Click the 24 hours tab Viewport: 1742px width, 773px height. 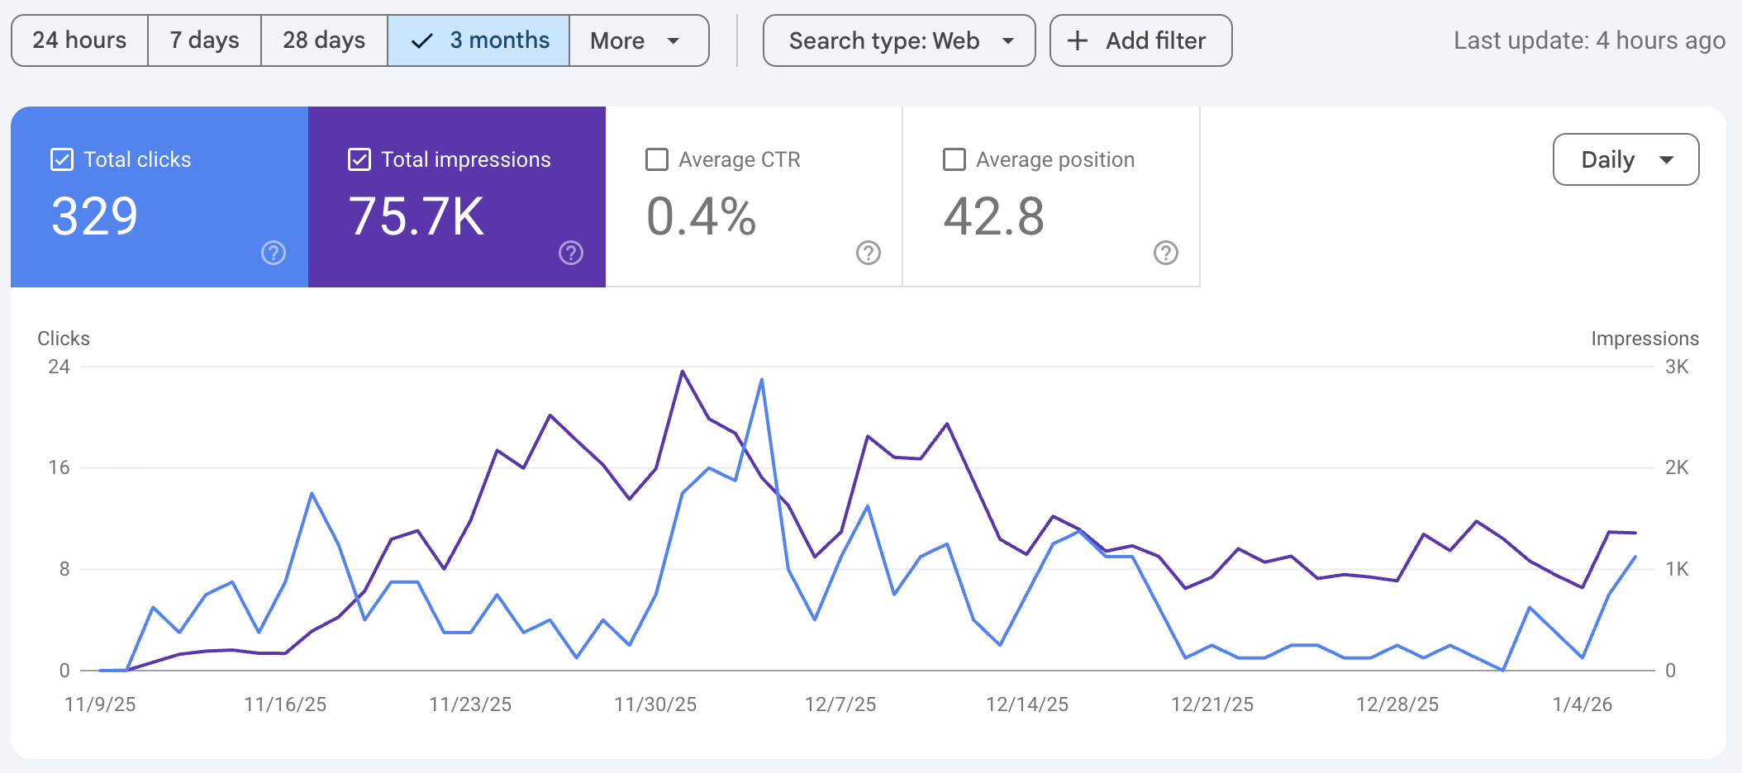(x=79, y=40)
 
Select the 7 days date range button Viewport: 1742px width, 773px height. (x=204, y=40)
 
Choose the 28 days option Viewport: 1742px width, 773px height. (x=324, y=40)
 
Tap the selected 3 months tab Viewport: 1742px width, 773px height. (x=478, y=40)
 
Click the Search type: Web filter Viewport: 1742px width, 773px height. (x=899, y=40)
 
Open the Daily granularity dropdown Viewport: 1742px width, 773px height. (x=1625, y=159)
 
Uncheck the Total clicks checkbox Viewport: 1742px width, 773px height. (x=62, y=159)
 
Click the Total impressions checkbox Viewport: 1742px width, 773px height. (x=359, y=159)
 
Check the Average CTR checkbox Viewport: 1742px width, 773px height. (x=657, y=159)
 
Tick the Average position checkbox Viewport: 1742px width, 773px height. (x=954, y=159)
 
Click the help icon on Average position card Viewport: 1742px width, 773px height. (x=1165, y=253)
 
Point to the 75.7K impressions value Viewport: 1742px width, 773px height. (x=416, y=217)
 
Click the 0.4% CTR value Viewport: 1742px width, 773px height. (x=701, y=217)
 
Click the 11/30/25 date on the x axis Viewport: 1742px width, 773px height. (x=655, y=704)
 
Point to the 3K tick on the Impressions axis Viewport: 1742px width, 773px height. (x=1677, y=367)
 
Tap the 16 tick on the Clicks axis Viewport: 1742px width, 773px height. (x=59, y=467)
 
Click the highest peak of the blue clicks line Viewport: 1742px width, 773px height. (x=761, y=380)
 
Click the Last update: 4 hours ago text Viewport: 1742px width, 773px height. (x=1588, y=40)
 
